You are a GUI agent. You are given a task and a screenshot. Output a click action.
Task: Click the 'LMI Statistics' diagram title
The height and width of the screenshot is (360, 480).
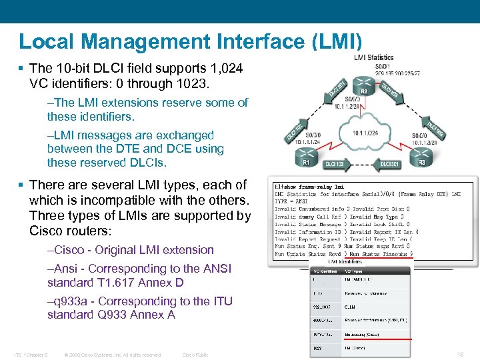373,58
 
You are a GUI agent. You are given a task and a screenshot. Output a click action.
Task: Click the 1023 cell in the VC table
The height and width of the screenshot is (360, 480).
319,347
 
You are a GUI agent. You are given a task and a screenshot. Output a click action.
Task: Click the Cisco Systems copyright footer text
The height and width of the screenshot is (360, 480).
113,355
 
